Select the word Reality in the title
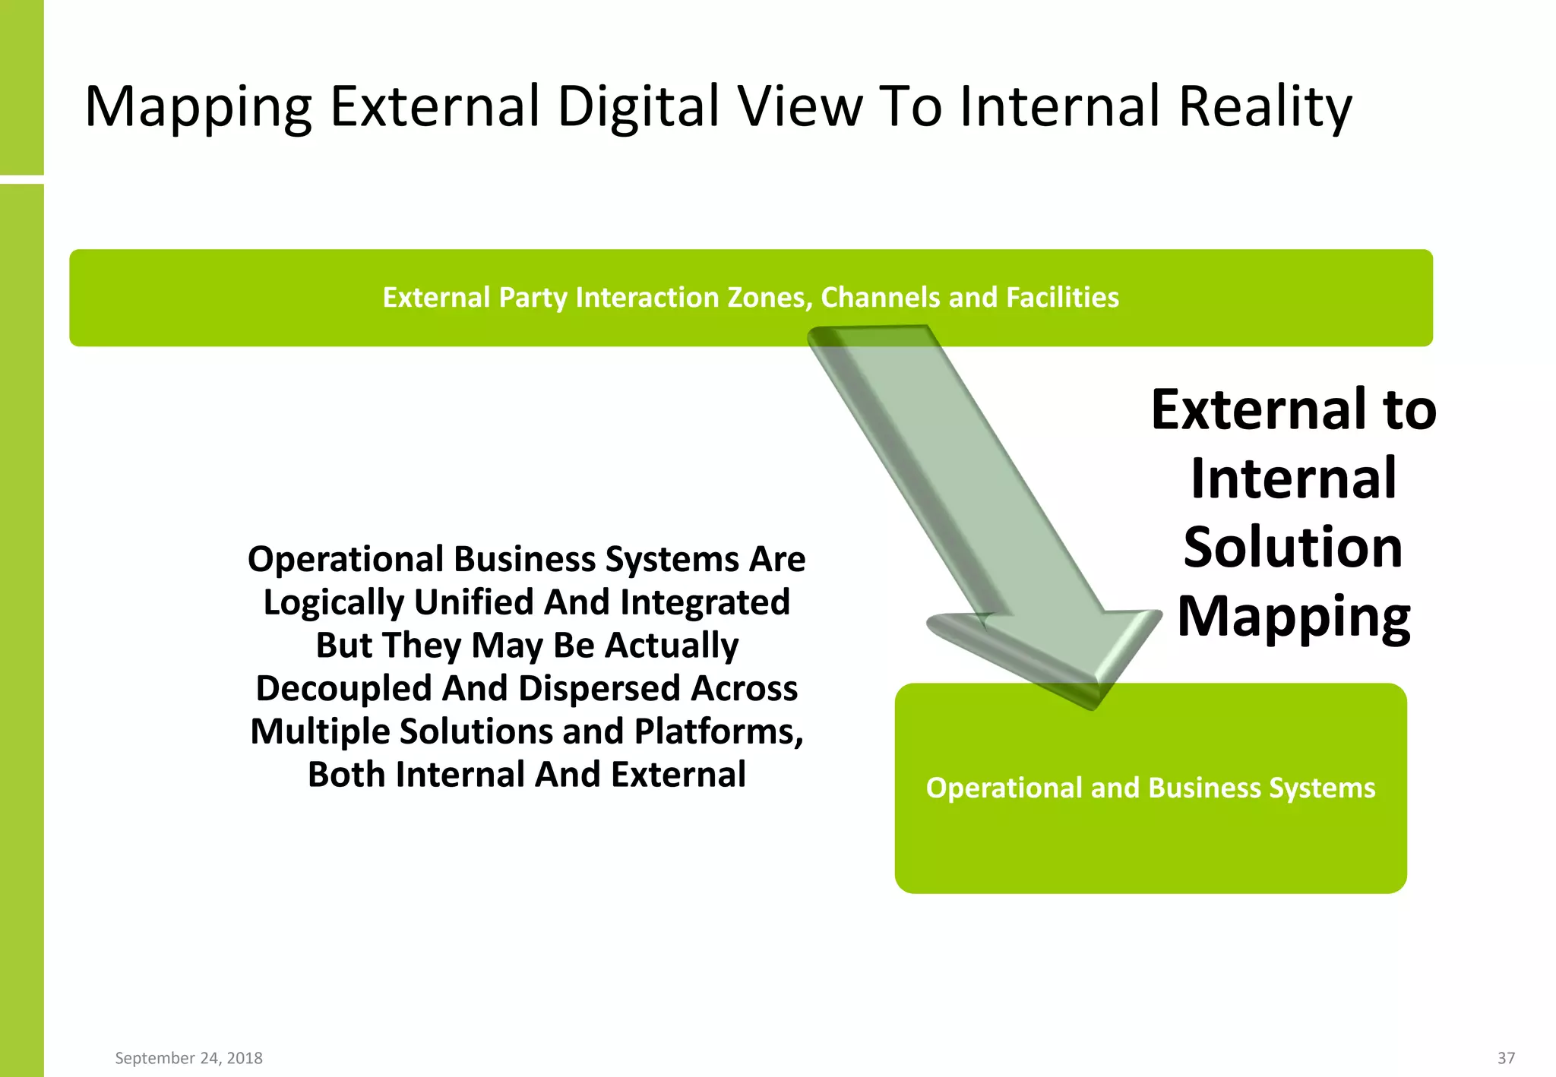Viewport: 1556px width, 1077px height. pyautogui.click(x=1265, y=106)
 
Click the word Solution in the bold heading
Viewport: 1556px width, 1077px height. pyautogui.click(x=1292, y=547)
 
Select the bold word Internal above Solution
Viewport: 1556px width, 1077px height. pyautogui.click(x=1293, y=478)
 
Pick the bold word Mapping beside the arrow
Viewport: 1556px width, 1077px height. pyautogui.click(x=1293, y=617)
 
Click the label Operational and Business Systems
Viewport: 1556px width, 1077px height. pyautogui.click(x=1150, y=788)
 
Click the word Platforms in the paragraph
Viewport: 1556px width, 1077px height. pyautogui.click(x=718, y=731)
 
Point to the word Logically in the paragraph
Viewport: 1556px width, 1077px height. pyautogui.click(x=334, y=603)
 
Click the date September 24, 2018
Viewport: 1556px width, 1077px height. pyautogui.click(x=188, y=1058)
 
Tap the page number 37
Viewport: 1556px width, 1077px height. pyautogui.click(x=1506, y=1058)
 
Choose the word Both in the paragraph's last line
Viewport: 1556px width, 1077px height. pyautogui.click(x=346, y=775)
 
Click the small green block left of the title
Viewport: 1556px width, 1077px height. pyautogui.click(x=21, y=87)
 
